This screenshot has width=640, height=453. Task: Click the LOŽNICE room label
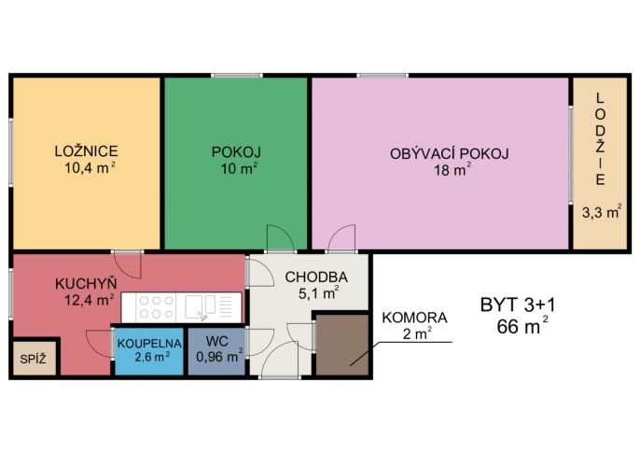pos(87,151)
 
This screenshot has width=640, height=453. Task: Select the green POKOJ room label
pos(236,152)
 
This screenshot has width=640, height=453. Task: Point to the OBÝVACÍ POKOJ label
pos(450,154)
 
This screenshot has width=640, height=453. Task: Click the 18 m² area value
pos(452,169)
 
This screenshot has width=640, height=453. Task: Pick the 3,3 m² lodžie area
pos(602,212)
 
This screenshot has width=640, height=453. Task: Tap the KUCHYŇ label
pos(86,284)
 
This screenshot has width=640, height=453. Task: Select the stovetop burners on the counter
pos(157,306)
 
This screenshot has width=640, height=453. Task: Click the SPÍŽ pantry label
pos(33,360)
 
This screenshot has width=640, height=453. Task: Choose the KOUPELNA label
pos(149,343)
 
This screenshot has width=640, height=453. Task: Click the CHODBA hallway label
pos(316,277)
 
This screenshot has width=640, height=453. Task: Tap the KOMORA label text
pos(414,318)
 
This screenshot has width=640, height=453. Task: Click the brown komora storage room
pos(342,345)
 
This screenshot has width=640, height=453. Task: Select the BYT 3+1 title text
pos(518,305)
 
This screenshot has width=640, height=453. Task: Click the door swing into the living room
pos(341,238)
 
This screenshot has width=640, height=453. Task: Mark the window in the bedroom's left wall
pos(11,152)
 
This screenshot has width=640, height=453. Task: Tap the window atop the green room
pos(237,76)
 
